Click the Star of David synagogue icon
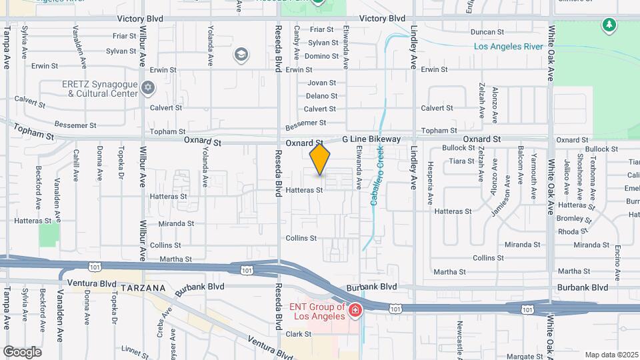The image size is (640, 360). (x=148, y=88)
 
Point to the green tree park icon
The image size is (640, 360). (x=608, y=26)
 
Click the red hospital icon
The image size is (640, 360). (x=355, y=310)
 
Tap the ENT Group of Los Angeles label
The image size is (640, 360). (x=317, y=311)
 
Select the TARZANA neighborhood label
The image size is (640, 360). (x=143, y=287)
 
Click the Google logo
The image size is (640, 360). (x=22, y=352)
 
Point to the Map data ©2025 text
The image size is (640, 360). (x=611, y=355)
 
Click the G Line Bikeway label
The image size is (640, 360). (x=371, y=139)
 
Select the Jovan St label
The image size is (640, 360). (x=321, y=83)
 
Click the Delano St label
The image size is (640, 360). (x=321, y=96)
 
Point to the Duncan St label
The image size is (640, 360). (x=487, y=32)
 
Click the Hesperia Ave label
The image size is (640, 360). (x=431, y=180)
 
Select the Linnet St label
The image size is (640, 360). (x=135, y=349)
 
